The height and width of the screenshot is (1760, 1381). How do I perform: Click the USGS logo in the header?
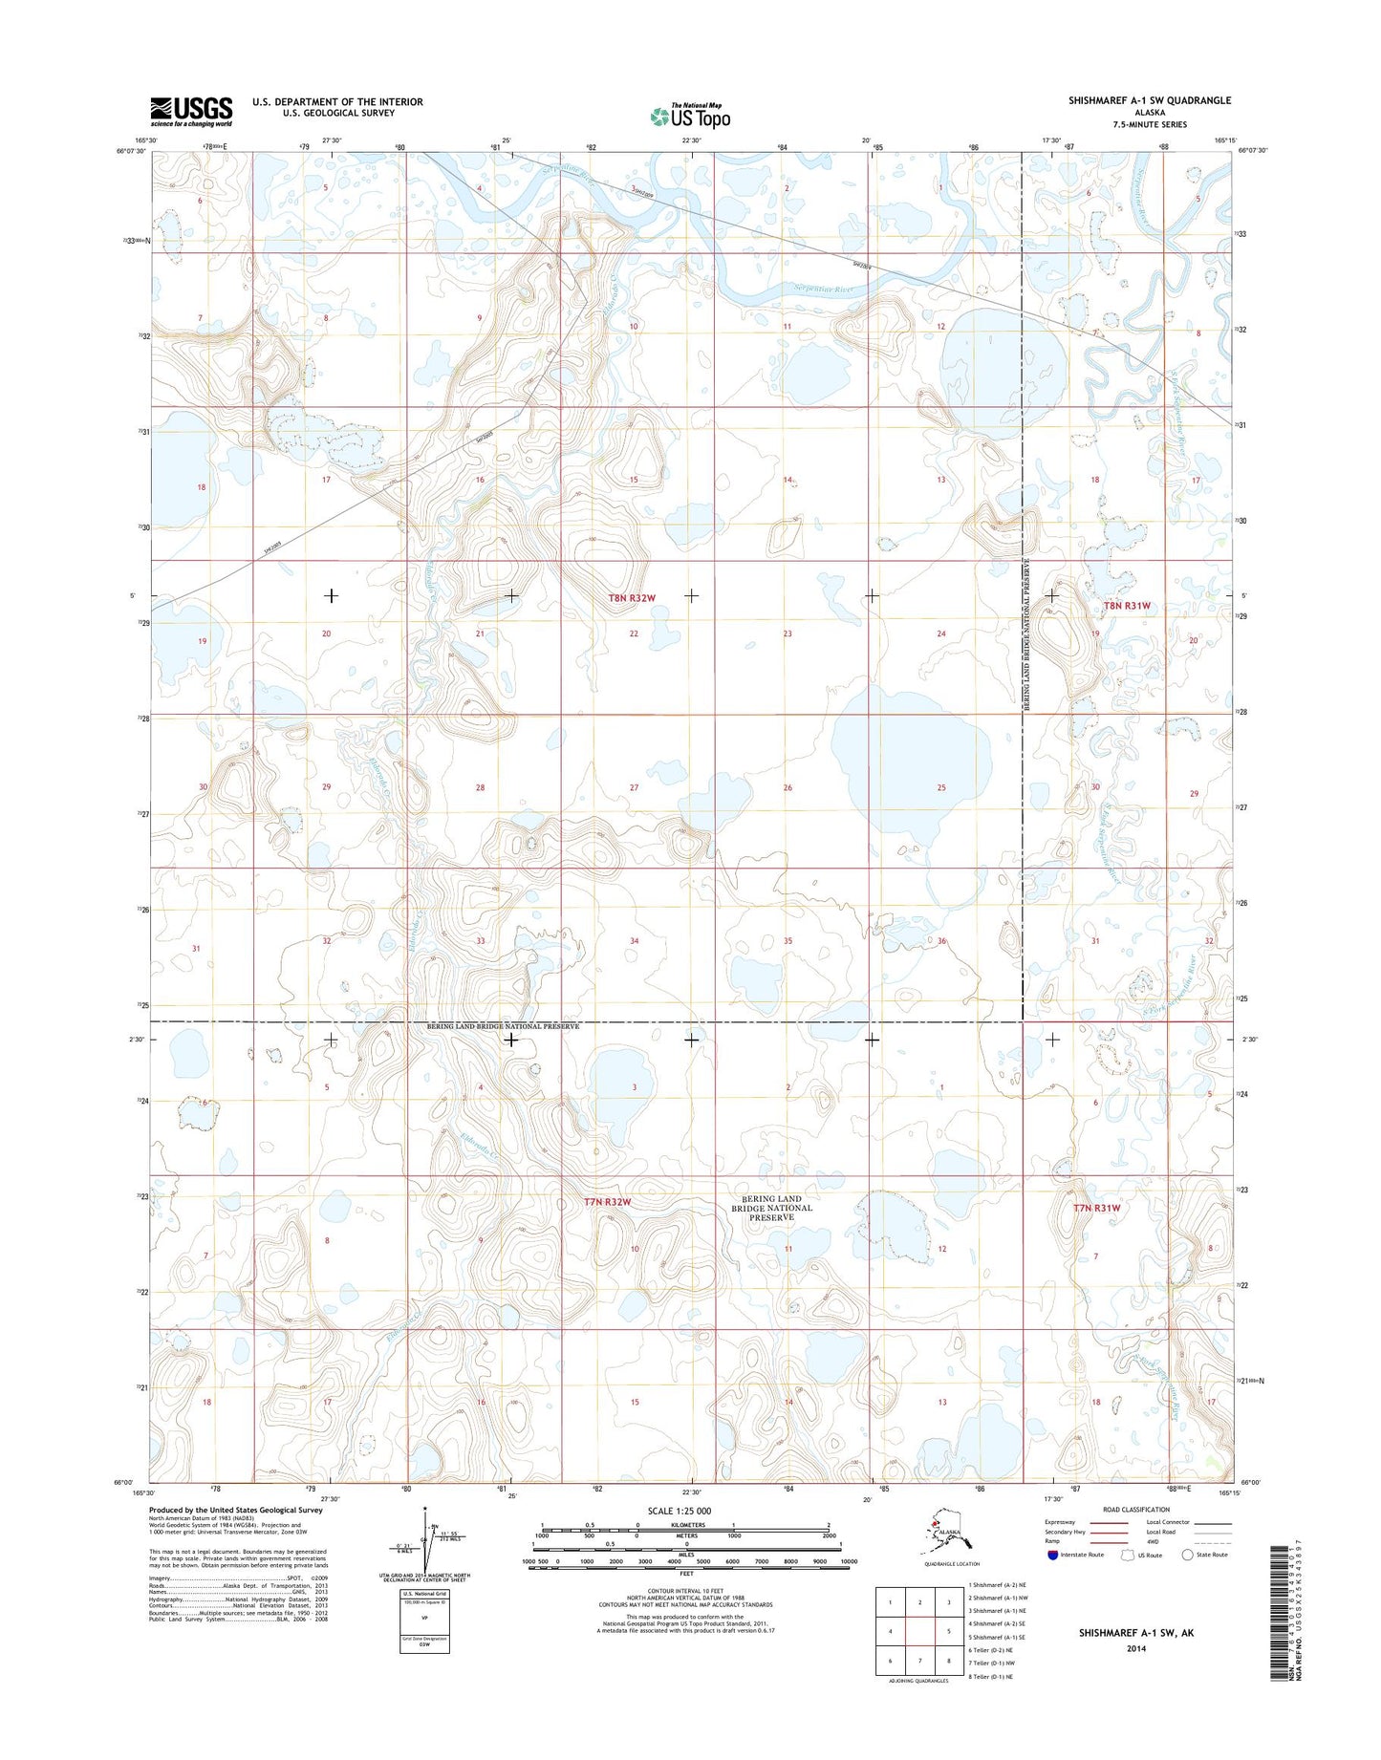pos(190,111)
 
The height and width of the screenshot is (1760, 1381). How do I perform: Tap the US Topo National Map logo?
pos(690,116)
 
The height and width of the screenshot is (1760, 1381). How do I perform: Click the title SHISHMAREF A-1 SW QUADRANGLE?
pos(1149,100)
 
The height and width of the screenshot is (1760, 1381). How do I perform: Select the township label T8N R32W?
pos(632,598)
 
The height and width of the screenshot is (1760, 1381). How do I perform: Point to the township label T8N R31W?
pos(1127,606)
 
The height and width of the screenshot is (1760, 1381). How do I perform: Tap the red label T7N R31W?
pos(1095,1208)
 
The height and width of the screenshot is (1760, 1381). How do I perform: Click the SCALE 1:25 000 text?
pos(679,1511)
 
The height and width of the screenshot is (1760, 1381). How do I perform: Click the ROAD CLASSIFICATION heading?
pos(1136,1510)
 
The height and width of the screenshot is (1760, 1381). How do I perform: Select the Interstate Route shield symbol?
pos(1053,1555)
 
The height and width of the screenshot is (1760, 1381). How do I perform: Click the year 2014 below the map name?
pos(1135,1648)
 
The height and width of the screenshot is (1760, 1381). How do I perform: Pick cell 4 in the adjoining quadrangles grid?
pos(890,1631)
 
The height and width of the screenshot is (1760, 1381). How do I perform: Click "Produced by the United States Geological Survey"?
pos(235,1510)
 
